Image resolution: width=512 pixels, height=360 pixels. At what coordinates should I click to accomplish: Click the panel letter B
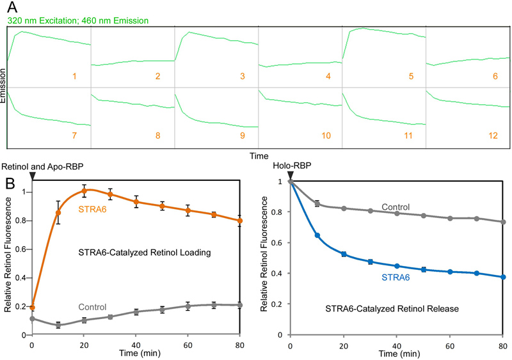(x=11, y=184)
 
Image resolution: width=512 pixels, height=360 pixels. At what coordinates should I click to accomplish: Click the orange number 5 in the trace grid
(x=410, y=77)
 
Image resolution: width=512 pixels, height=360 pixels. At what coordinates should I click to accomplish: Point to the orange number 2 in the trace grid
(x=158, y=77)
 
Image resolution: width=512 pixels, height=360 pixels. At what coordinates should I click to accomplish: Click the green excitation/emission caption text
(x=78, y=21)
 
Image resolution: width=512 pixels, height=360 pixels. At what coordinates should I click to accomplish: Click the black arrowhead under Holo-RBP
(x=291, y=175)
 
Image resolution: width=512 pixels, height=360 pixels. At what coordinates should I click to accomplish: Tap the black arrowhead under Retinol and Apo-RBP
(x=33, y=175)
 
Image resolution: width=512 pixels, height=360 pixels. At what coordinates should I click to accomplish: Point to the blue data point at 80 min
(x=504, y=277)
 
